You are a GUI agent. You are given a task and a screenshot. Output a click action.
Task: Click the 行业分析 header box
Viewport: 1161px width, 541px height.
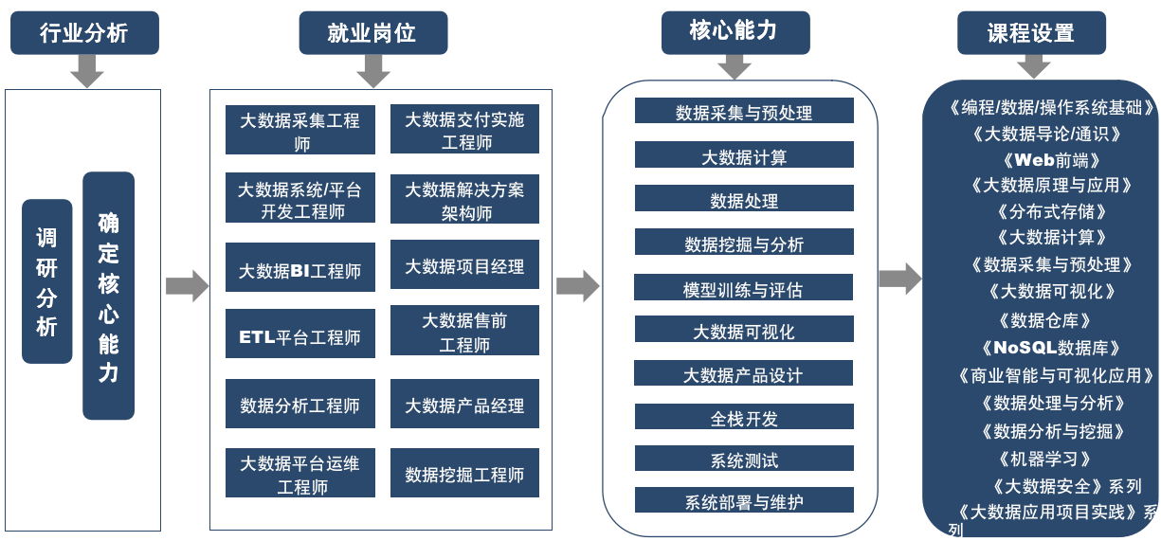click(x=84, y=33)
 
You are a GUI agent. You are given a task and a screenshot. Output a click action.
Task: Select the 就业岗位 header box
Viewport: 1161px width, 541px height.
click(x=372, y=33)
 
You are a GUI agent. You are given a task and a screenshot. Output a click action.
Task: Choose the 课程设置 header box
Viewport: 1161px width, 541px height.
click(x=1031, y=33)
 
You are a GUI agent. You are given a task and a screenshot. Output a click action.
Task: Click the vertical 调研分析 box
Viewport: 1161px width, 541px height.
click(x=47, y=281)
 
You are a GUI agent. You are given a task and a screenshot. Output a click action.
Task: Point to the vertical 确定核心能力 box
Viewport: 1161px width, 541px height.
click(x=108, y=296)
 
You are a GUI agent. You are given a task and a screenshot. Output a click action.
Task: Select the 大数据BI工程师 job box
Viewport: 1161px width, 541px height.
click(x=299, y=271)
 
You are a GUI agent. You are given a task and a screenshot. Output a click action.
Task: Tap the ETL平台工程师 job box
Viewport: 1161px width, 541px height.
click(x=299, y=337)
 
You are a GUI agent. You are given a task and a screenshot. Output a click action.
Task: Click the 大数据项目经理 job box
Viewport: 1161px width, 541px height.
click(x=464, y=266)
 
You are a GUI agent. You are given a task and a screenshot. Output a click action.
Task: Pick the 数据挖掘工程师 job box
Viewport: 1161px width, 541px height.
click(x=464, y=474)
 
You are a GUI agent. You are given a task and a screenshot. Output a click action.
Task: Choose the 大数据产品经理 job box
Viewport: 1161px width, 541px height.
click(x=464, y=406)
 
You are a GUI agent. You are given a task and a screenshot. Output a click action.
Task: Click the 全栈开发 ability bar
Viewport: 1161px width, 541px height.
click(x=744, y=418)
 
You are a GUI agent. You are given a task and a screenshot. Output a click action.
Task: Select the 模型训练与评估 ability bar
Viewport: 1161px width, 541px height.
click(x=744, y=288)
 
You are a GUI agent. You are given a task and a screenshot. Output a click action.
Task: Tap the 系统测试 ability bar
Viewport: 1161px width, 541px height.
click(x=744, y=460)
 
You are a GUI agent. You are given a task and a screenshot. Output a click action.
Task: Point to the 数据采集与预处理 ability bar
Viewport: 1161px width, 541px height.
click(x=744, y=112)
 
